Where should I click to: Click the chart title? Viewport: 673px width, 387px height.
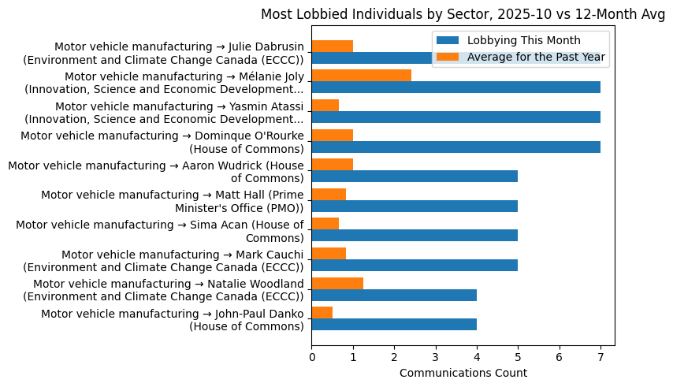click(463, 14)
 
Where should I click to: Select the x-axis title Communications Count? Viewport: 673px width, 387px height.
click(463, 373)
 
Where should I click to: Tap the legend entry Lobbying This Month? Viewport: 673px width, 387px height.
click(523, 40)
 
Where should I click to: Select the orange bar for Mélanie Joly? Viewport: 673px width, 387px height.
click(361, 76)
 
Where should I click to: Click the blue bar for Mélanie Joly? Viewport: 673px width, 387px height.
click(455, 87)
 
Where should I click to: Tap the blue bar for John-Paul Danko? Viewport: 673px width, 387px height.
click(394, 324)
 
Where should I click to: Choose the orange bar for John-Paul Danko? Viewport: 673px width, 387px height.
click(322, 312)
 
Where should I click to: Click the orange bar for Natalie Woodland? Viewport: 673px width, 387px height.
click(337, 283)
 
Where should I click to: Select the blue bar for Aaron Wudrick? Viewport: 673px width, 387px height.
click(415, 176)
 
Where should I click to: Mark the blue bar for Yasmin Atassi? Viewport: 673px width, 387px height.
click(455, 117)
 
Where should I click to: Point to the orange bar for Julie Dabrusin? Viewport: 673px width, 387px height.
click(333, 46)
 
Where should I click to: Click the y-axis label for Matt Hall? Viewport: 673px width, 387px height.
click(172, 201)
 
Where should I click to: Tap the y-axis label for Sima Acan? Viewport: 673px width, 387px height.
click(159, 231)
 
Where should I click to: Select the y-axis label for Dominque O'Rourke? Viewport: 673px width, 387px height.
click(162, 142)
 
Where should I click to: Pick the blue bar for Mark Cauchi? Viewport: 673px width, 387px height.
click(415, 265)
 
